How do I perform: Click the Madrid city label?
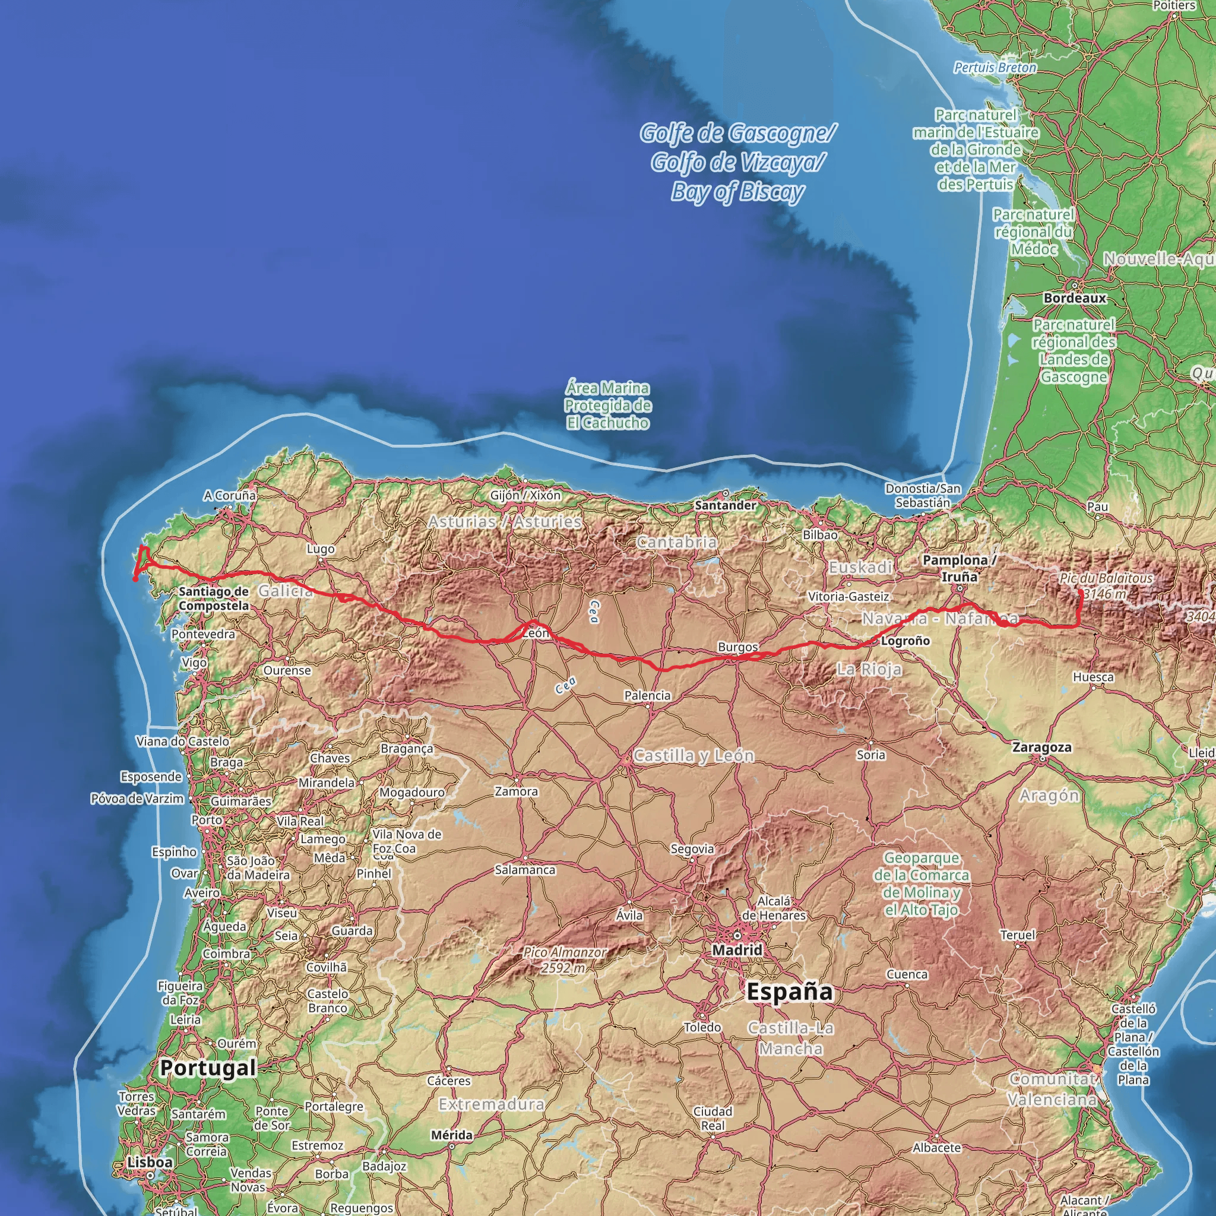tap(736, 950)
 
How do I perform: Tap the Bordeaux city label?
tap(1074, 297)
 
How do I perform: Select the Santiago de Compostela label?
tap(213, 598)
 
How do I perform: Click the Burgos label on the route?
tap(737, 647)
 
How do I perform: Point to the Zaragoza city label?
tap(1041, 747)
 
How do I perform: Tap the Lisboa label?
tap(150, 1162)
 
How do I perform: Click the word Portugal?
tap(208, 1068)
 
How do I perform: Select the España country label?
tap(789, 992)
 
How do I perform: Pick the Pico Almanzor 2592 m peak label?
tap(565, 960)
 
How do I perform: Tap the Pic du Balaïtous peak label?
tap(1106, 585)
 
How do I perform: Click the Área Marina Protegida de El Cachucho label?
tap(607, 406)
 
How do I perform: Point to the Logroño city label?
tap(905, 641)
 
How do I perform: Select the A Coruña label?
tap(230, 495)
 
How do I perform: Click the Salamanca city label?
tap(525, 870)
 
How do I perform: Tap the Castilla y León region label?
tap(693, 755)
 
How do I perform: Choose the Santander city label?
tap(725, 505)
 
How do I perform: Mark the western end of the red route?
tap(135, 578)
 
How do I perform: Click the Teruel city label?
tap(1017, 935)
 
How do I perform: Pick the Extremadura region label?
tap(491, 1104)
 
